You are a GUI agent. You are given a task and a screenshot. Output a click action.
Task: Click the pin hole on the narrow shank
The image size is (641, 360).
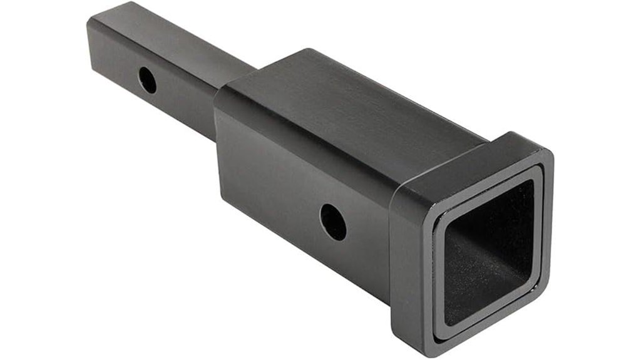[x=148, y=80]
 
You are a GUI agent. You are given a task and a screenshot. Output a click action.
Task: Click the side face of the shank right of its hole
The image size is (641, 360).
[x=188, y=100]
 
